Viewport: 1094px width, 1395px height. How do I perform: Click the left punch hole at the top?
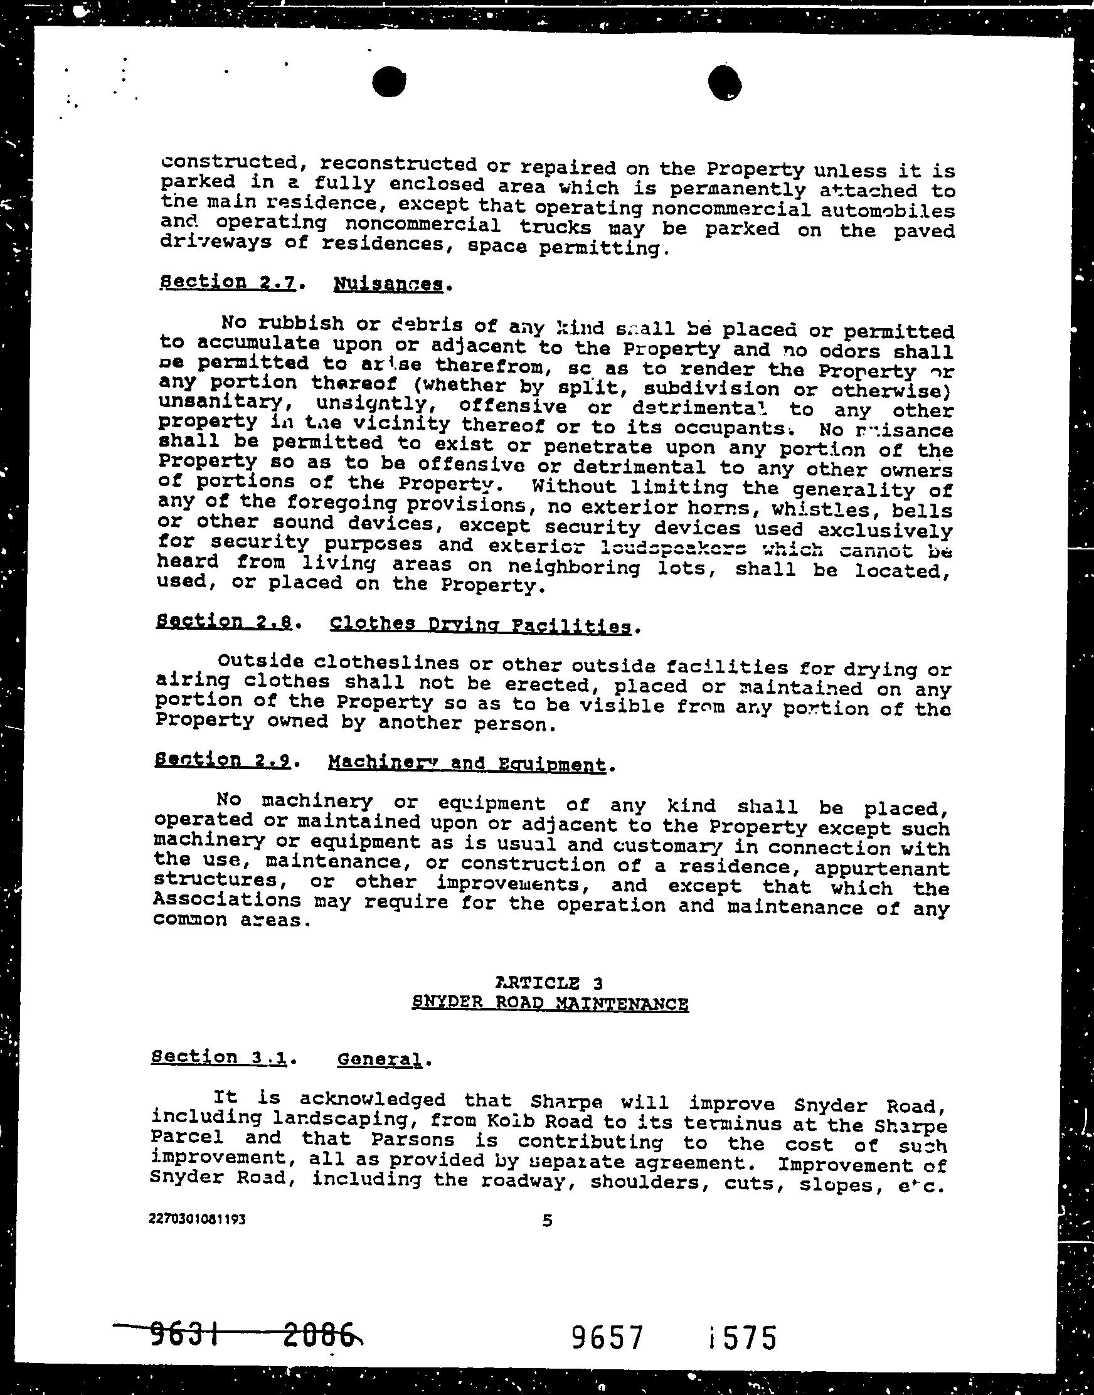pos(389,83)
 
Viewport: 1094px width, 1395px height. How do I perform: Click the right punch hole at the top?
pos(726,83)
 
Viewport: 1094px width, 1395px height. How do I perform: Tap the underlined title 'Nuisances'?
pos(388,284)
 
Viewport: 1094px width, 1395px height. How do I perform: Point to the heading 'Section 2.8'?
pos(223,622)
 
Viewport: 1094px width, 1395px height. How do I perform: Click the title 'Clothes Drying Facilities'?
pos(481,625)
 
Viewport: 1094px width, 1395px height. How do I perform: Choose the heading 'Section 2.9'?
pos(223,760)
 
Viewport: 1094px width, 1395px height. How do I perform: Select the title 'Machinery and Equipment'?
pos(467,763)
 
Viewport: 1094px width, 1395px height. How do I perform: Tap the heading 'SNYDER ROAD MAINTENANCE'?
pos(550,1003)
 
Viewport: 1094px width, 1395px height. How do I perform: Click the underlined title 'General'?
pos(379,1060)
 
